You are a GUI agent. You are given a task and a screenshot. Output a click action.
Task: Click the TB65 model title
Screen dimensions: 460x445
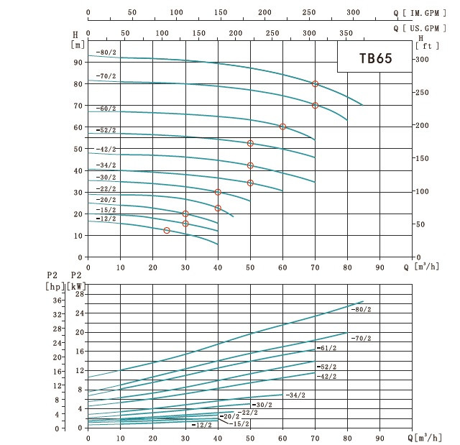click(375, 58)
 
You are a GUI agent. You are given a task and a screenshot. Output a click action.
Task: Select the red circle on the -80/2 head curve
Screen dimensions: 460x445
click(315, 84)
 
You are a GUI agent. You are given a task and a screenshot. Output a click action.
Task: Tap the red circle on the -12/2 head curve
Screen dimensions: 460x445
click(167, 231)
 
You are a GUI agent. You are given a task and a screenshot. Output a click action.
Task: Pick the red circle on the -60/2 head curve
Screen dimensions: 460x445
click(282, 127)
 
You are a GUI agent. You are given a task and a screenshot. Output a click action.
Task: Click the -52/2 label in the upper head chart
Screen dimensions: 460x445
click(106, 130)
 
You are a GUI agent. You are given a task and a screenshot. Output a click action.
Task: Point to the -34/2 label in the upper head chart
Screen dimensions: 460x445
click(106, 165)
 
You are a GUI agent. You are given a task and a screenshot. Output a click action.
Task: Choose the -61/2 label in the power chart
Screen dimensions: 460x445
click(326, 348)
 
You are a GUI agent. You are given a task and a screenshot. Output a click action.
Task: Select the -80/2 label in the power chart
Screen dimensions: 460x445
click(361, 309)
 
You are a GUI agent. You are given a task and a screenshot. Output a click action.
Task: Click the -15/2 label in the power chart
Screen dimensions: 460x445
click(239, 424)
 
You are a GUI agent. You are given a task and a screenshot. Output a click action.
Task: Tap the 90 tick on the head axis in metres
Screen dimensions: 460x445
click(78, 63)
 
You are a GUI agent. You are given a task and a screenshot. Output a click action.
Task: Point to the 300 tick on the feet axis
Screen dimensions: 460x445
click(422, 60)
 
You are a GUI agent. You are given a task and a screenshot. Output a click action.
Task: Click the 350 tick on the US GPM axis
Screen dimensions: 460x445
click(346, 33)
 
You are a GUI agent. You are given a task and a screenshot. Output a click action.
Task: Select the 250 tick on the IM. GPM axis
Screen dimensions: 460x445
click(309, 12)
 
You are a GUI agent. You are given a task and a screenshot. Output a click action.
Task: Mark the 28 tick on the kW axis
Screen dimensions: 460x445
click(80, 294)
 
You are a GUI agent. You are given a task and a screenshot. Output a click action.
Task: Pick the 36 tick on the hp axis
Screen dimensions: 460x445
click(57, 301)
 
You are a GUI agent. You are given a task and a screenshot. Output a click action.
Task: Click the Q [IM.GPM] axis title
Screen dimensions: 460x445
click(420, 13)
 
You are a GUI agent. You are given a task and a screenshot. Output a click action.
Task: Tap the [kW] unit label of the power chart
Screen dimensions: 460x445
click(77, 286)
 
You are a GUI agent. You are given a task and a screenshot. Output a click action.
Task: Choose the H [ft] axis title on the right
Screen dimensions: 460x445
click(427, 42)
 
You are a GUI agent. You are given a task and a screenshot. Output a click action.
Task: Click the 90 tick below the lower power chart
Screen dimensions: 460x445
click(380, 439)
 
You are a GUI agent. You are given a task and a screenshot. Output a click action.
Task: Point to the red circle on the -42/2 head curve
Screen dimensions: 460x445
click(250, 166)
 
